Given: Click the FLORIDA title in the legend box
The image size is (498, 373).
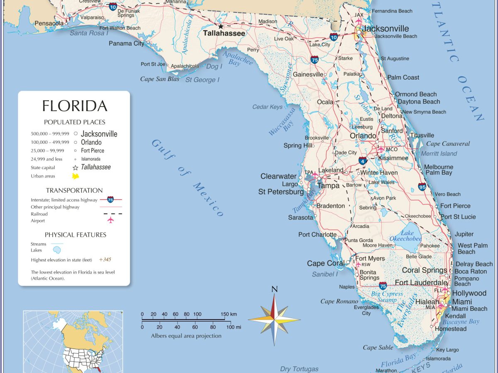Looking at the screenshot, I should point(75,106).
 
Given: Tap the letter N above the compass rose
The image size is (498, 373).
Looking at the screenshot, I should point(274,289).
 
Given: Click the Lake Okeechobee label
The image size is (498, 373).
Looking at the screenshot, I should point(405,236).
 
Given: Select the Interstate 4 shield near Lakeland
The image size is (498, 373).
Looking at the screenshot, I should point(363,160).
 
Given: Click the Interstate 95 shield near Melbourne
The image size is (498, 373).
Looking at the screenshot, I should point(422,186).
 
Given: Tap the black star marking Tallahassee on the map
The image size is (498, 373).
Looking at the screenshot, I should point(221,26).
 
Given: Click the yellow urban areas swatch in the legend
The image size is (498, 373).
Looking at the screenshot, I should point(76,176).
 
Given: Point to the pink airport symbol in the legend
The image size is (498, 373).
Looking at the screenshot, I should point(110,220).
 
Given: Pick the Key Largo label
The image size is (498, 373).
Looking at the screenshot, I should point(447,350).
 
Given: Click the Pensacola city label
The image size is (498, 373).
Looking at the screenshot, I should point(49,23).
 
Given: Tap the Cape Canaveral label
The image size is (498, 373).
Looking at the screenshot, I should point(448,144).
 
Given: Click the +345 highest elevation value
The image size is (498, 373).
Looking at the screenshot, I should point(105,260).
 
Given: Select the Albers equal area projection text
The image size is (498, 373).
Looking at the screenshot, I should point(186,336).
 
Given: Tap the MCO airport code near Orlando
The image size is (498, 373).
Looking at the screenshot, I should point(392,149).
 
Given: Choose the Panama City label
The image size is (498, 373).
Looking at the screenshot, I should point(127,44).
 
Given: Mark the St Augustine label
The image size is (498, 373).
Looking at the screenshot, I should point(395,58).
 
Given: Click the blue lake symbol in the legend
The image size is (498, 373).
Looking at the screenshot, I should point(57,250).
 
